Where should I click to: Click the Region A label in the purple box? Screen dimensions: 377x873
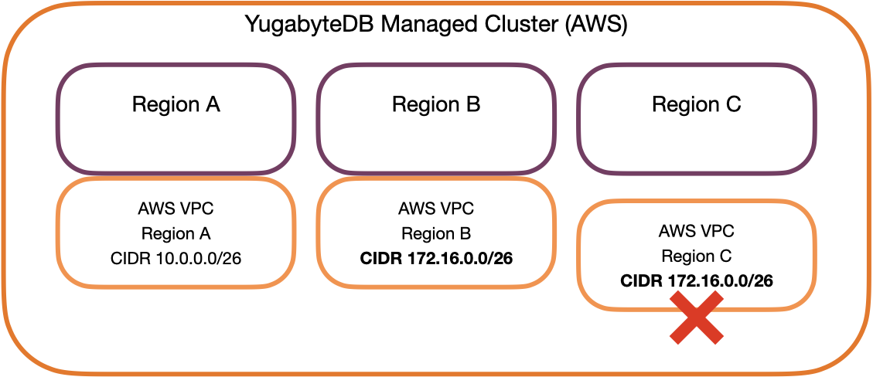[176, 104]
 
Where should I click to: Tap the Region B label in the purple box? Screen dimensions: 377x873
[436, 104]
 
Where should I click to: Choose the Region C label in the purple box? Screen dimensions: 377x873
[697, 104]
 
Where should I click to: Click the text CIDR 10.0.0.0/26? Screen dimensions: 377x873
[176, 258]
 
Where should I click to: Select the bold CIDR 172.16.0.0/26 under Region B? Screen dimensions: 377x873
[436, 258]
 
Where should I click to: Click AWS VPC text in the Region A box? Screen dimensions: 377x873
[176, 208]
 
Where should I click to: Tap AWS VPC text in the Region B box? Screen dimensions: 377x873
[436, 208]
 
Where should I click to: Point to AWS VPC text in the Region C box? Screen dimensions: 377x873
[697, 231]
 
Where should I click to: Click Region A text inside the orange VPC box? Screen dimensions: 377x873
[176, 233]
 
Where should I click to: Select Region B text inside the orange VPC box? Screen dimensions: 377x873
[436, 233]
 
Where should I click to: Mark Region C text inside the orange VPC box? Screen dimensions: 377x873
[697, 256]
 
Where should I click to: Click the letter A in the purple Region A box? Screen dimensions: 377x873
[211, 104]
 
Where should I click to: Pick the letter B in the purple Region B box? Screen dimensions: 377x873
[472, 104]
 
